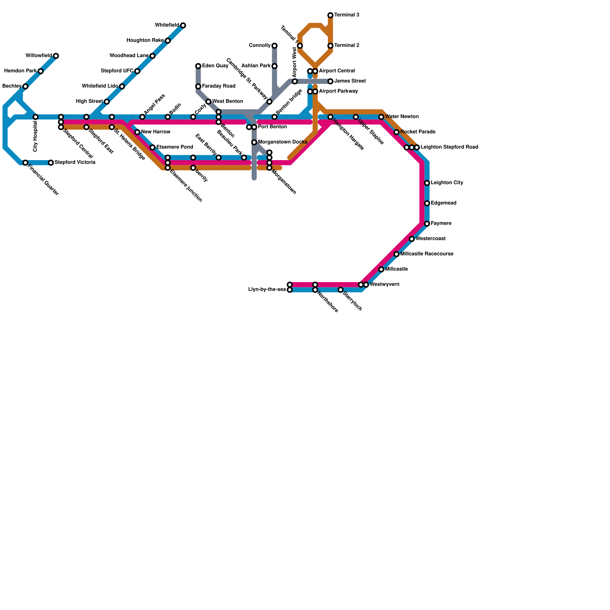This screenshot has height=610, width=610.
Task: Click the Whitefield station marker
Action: tap(183, 26)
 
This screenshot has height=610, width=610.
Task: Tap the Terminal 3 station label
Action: tap(347, 15)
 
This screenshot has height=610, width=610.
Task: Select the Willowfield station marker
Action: tap(56, 56)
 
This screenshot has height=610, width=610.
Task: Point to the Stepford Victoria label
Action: tap(75, 163)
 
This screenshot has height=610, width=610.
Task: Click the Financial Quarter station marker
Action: tap(26, 163)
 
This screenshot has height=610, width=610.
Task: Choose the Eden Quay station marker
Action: tap(198, 66)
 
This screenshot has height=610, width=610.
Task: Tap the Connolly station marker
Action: tap(274, 46)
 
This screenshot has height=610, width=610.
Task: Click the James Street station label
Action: tap(350, 81)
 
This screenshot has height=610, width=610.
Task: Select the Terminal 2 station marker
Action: tap(331, 46)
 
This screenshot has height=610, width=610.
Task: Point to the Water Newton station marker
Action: tap(381, 117)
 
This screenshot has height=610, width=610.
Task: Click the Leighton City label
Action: tap(447, 183)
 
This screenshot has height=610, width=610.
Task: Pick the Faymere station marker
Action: tap(427, 224)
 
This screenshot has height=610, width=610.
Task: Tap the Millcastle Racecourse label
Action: tap(427, 254)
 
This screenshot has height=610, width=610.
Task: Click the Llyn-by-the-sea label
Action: tap(267, 290)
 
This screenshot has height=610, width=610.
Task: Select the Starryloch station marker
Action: tap(341, 290)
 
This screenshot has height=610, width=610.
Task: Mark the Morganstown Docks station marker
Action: tap(254, 143)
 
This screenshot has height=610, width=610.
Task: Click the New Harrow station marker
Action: tap(137, 132)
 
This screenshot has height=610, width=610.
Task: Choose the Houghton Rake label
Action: tap(145, 40)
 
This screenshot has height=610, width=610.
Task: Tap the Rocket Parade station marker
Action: tap(396, 132)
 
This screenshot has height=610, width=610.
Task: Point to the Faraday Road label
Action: tap(218, 87)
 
